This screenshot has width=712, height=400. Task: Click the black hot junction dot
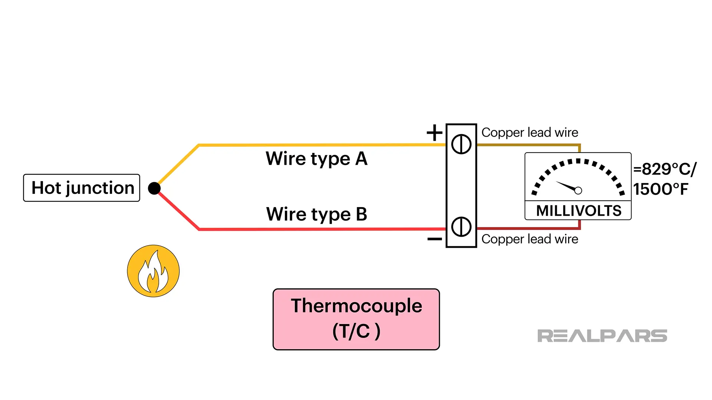[154, 188]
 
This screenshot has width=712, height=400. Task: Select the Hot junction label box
[82, 188]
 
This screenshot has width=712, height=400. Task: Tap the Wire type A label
[316, 159]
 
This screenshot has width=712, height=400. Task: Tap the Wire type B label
[316, 214]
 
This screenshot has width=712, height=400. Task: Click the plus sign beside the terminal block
[434, 133]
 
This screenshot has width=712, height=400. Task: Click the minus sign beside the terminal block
[434, 239]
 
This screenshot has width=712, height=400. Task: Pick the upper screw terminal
[461, 144]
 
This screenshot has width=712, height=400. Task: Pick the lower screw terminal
[461, 227]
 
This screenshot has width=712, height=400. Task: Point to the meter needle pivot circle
[578, 190]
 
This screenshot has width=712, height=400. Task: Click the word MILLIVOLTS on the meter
[578, 211]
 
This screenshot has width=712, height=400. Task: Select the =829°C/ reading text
[665, 169]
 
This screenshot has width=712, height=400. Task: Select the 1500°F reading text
[660, 189]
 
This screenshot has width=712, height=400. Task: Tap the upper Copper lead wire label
[530, 132]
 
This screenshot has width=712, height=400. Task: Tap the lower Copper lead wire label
[530, 239]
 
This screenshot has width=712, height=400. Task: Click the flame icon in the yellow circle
[153, 271]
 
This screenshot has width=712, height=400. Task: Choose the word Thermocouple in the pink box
[356, 306]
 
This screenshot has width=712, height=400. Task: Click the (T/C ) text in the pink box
[356, 331]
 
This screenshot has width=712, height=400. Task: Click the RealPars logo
[602, 336]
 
